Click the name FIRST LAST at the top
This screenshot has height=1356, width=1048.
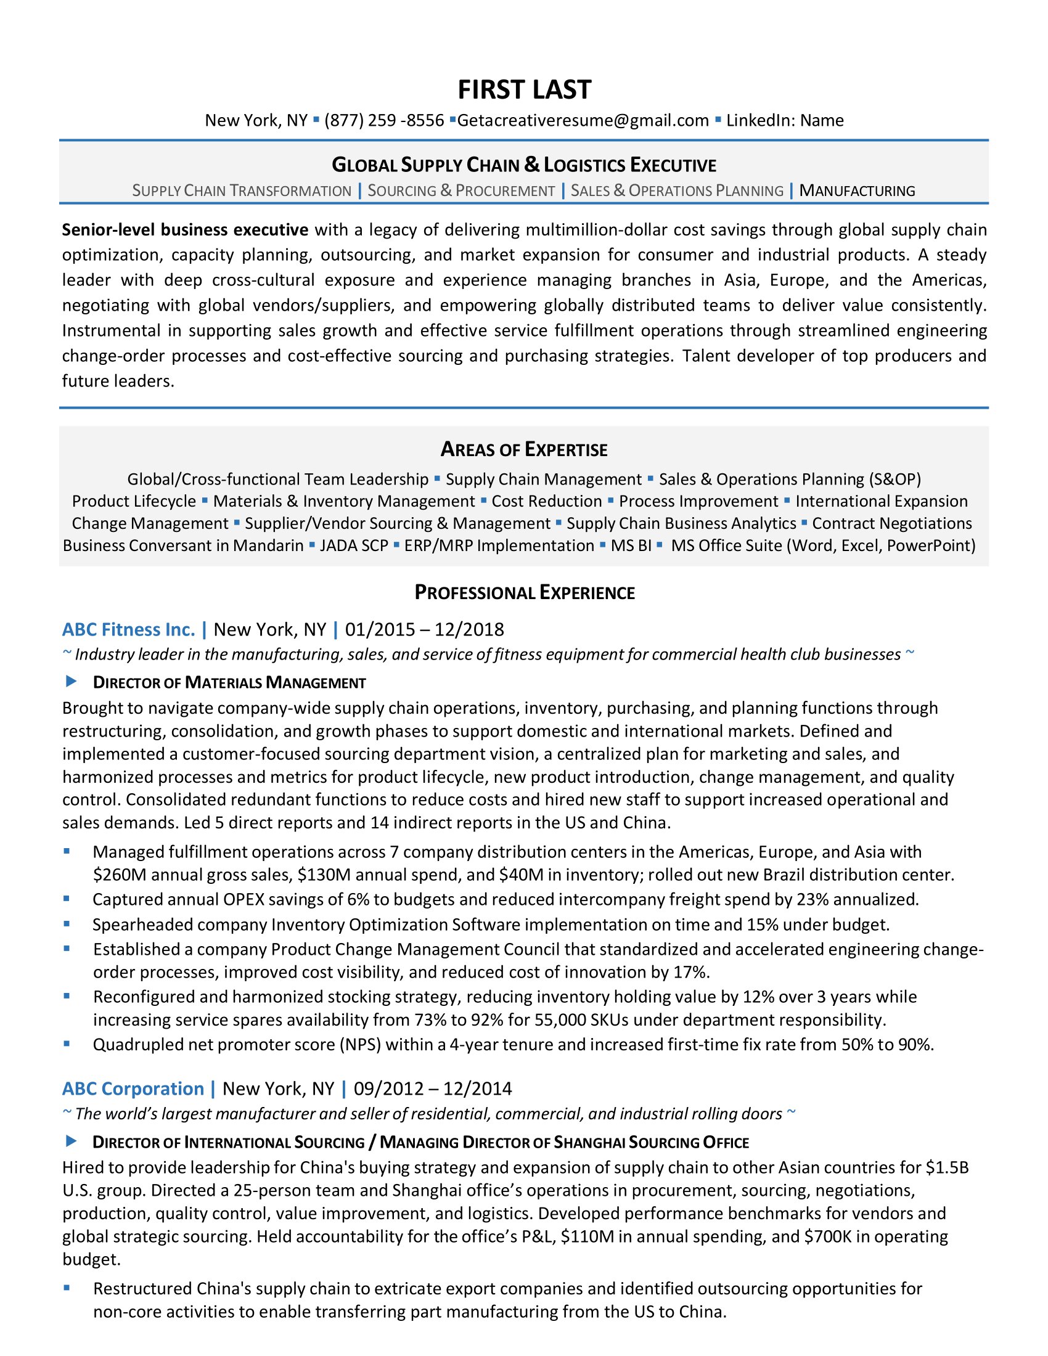[524, 89]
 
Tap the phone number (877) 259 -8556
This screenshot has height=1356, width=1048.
[383, 120]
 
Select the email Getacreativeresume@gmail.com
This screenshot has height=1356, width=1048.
[583, 120]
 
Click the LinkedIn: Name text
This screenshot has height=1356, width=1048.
[785, 120]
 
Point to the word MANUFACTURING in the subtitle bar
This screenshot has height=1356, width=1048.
[857, 190]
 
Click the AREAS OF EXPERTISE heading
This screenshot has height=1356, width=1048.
[524, 449]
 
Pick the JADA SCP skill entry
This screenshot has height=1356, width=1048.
[354, 545]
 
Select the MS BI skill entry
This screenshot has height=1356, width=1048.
[631, 545]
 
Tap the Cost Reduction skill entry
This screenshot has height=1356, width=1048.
[546, 501]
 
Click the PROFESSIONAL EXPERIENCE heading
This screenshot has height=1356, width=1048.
[524, 593]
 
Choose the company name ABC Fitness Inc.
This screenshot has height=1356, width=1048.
[128, 629]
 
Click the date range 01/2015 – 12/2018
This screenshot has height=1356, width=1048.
[424, 629]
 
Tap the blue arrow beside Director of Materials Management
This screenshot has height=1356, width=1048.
[72, 682]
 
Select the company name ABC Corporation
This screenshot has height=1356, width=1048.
[133, 1088]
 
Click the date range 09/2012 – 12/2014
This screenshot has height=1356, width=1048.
[433, 1088]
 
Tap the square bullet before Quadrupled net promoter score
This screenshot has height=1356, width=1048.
[67, 1044]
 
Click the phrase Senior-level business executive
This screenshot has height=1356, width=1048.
[185, 230]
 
